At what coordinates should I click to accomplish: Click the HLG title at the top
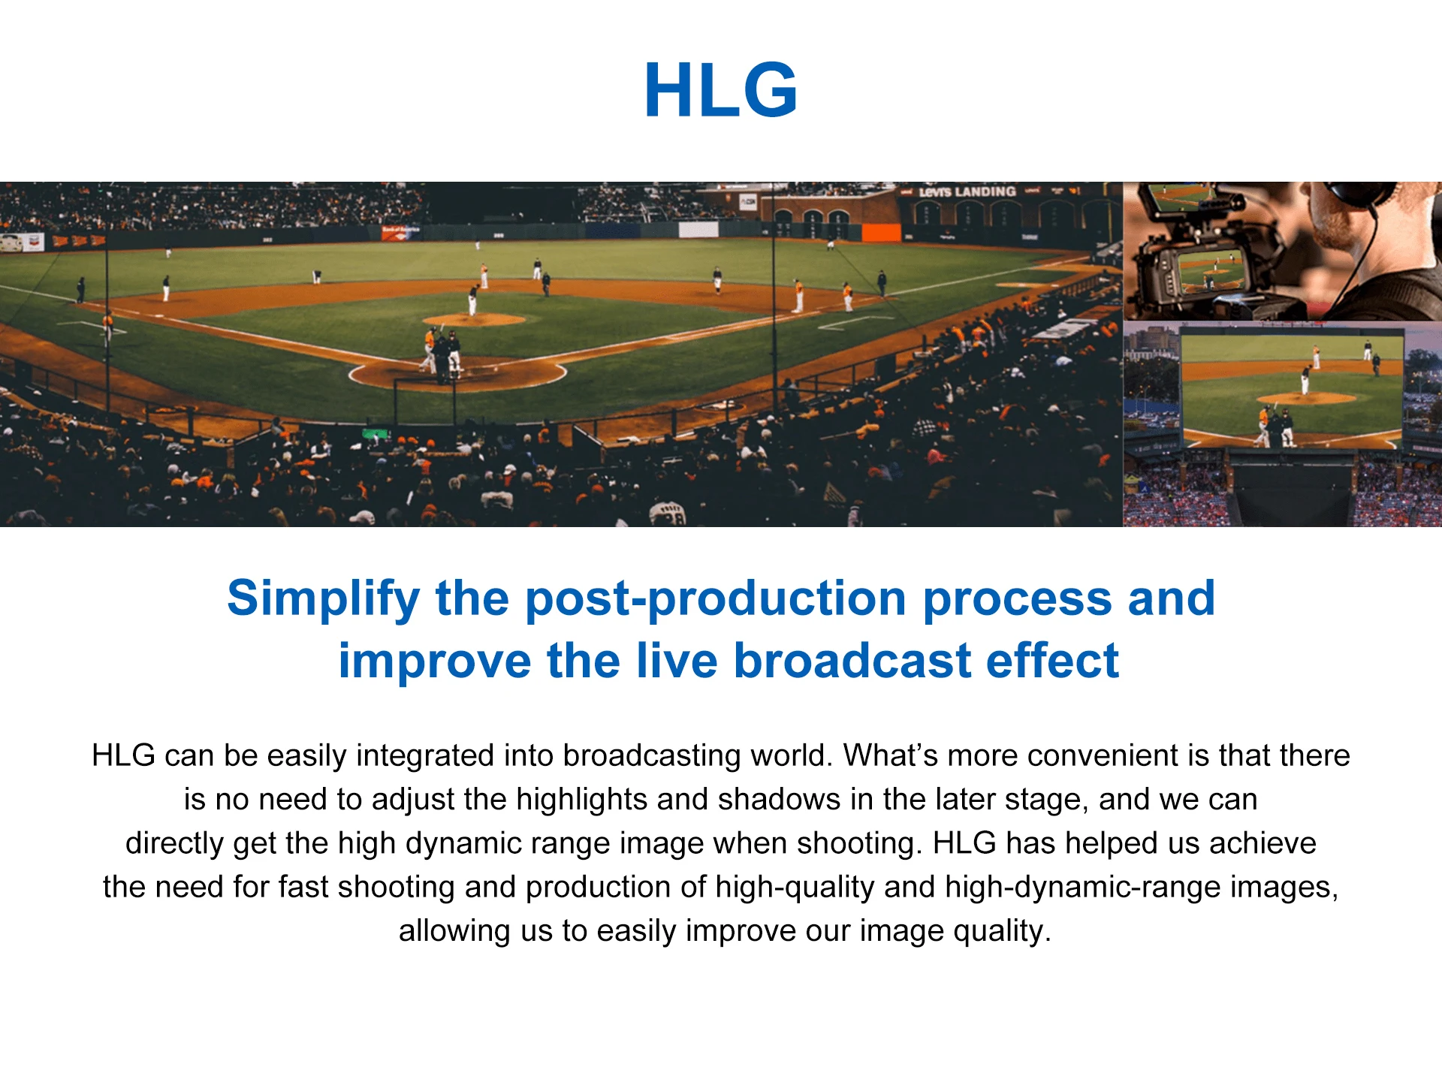721,90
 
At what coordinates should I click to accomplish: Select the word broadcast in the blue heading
852,661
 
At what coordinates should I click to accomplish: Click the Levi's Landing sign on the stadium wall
967,191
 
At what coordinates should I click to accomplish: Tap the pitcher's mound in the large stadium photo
474,319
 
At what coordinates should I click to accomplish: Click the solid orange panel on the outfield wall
881,232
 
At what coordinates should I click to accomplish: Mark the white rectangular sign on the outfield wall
698,230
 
